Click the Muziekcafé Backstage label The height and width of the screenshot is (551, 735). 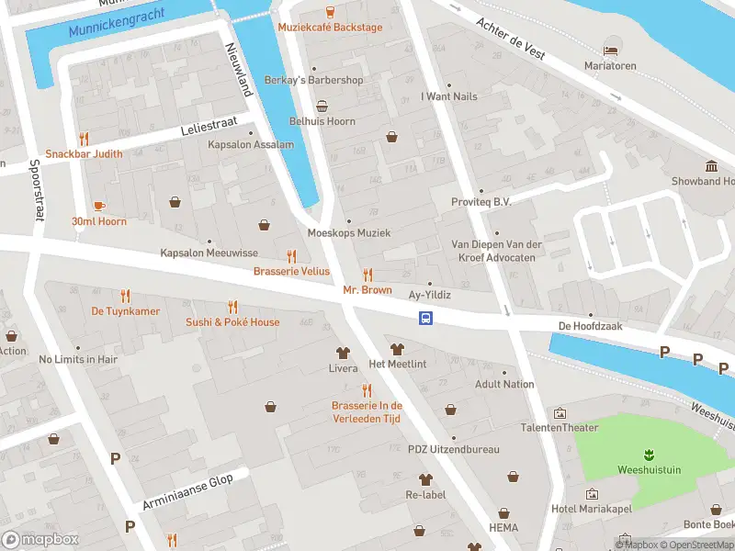point(330,28)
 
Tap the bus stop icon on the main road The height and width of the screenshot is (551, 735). point(426,318)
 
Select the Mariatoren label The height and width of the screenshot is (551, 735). point(611,65)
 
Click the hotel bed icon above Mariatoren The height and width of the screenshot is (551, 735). point(611,50)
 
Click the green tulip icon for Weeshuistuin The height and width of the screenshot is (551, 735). point(649,454)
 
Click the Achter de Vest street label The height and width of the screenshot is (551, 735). point(510,39)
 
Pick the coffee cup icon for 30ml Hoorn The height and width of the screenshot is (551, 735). point(99,206)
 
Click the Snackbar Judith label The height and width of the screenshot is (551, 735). point(84,153)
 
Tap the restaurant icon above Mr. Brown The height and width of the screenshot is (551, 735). point(367,275)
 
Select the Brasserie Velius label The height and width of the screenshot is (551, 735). point(291,271)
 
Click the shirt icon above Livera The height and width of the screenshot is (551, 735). point(344,352)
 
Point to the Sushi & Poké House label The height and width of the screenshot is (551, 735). point(232,322)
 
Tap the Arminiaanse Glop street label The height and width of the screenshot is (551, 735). point(195,490)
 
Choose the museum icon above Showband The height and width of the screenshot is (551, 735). point(712,165)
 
